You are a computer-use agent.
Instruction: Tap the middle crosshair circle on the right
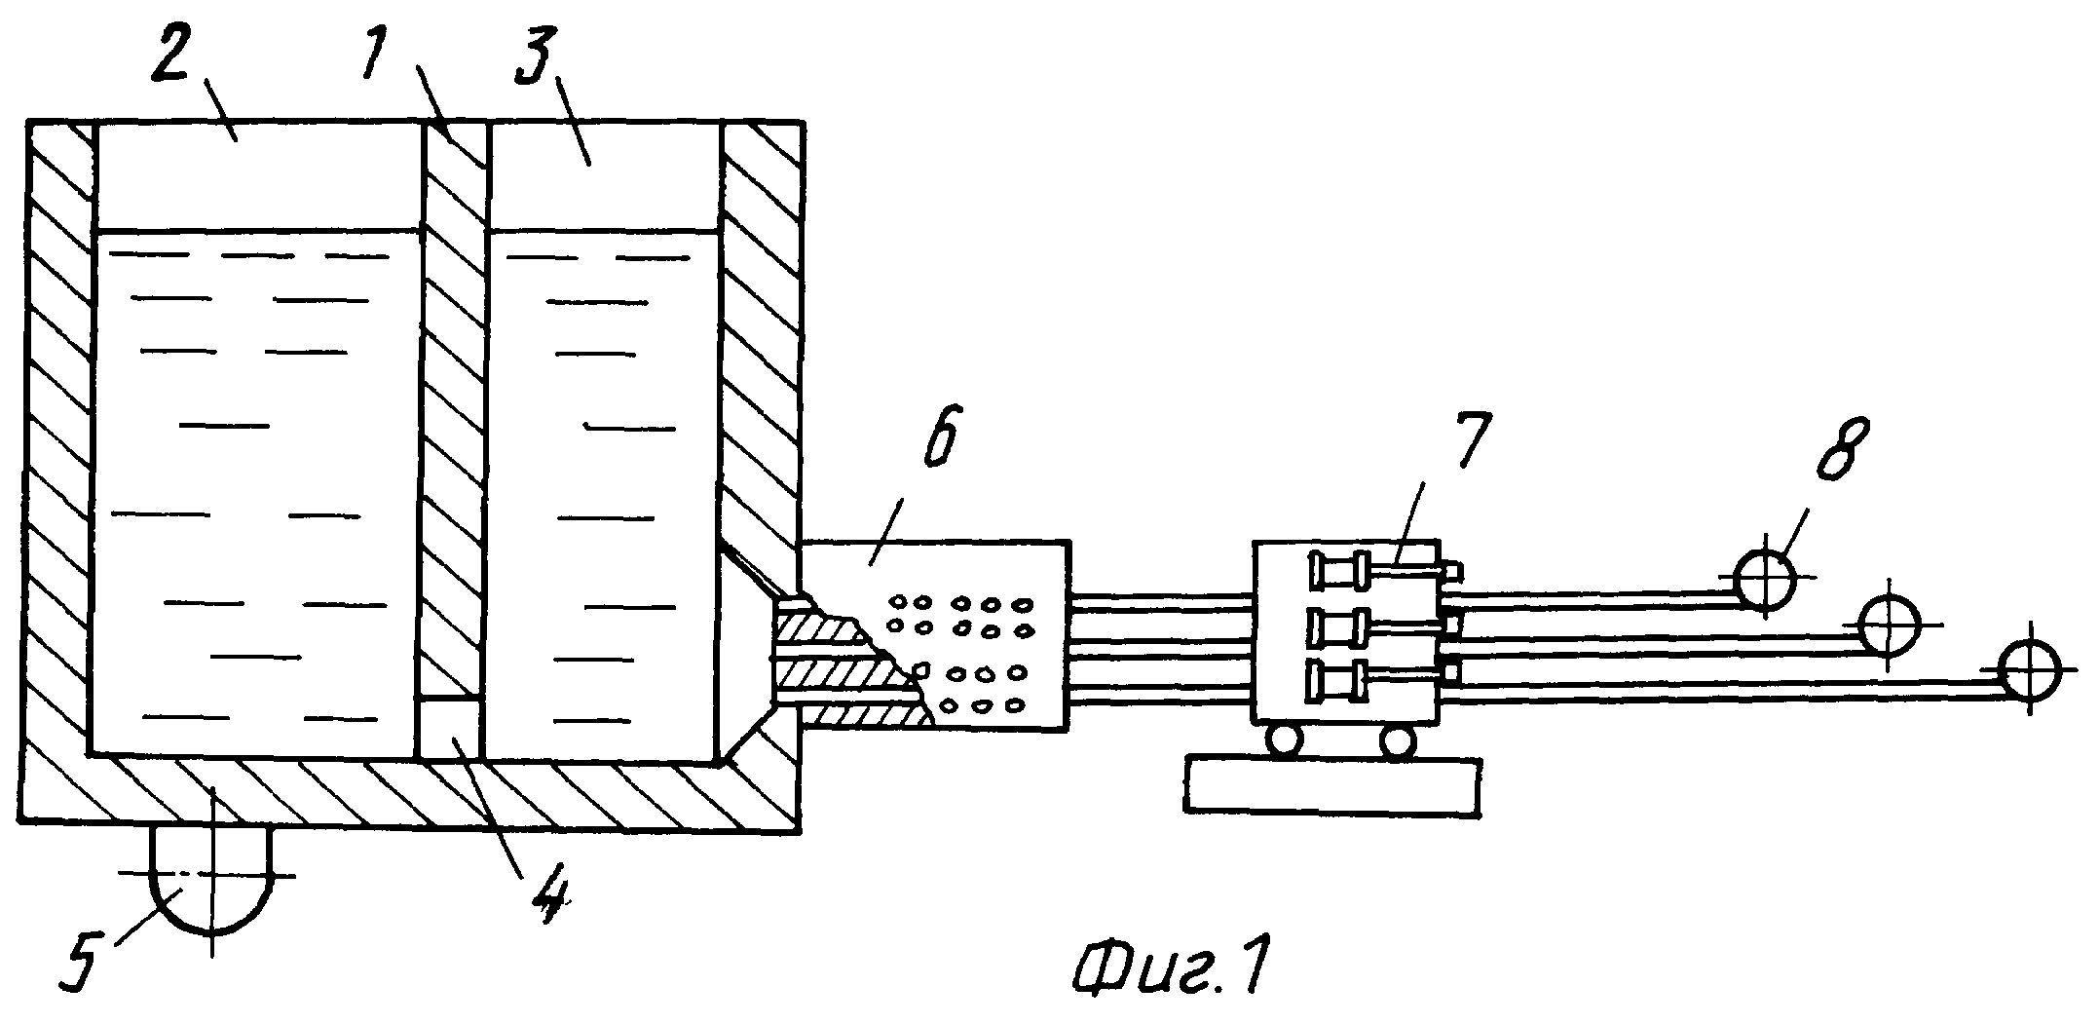coord(1888,626)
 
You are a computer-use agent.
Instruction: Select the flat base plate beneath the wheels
coord(1333,785)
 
